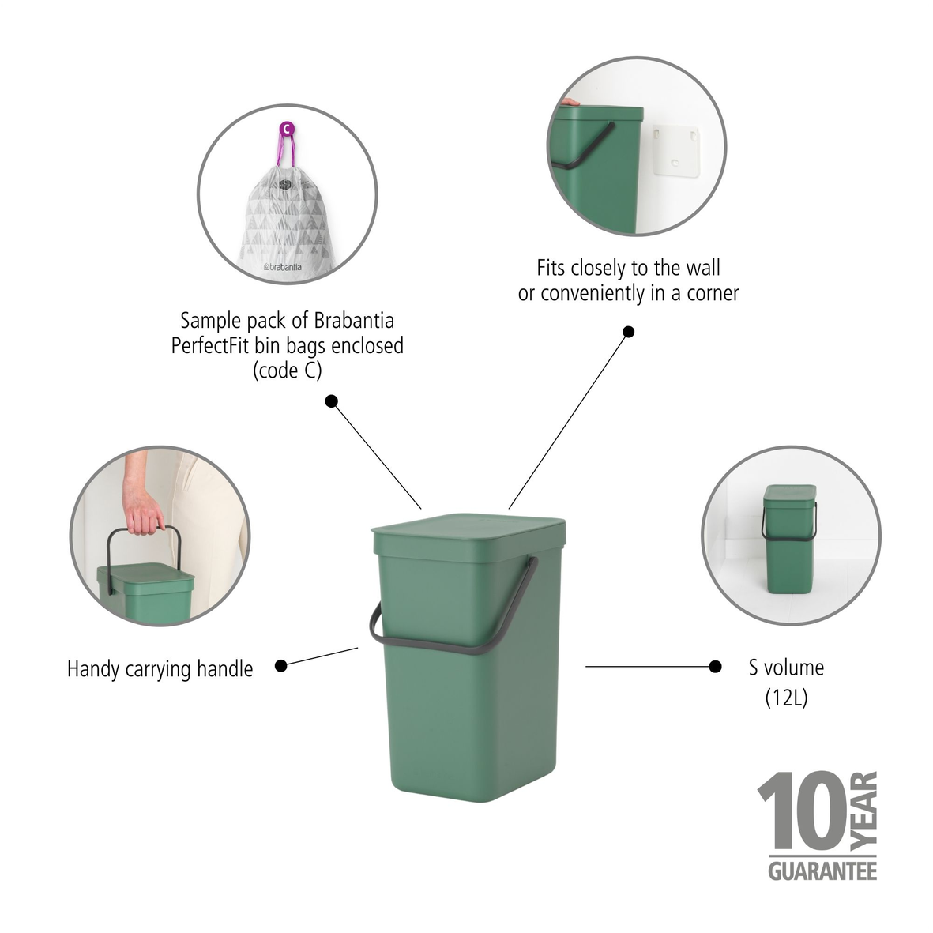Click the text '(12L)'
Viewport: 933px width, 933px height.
click(786, 698)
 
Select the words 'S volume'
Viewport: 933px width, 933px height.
click(786, 668)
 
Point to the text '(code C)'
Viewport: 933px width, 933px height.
click(288, 371)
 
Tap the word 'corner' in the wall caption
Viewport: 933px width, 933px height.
click(711, 293)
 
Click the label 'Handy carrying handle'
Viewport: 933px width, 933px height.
click(160, 669)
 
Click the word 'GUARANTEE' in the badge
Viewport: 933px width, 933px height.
click(822, 871)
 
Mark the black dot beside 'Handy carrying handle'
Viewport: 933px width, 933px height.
click(280, 666)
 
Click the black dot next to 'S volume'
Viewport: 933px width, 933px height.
click(715, 667)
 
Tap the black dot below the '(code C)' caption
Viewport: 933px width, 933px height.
click(332, 401)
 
